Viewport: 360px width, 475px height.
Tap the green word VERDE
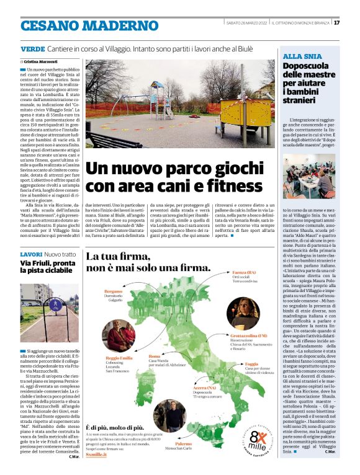32,48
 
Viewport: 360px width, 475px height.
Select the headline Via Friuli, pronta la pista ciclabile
47,267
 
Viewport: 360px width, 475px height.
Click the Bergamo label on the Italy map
114,291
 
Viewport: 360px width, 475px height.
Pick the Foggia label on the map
251,364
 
